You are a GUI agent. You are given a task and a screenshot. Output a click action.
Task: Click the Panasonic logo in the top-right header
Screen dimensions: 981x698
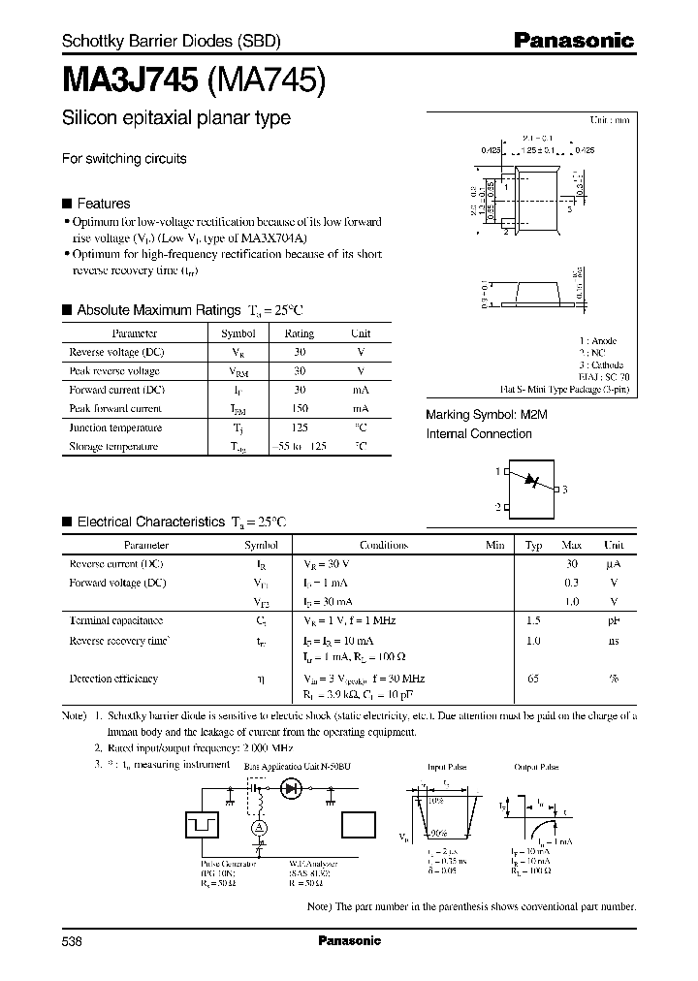[573, 41]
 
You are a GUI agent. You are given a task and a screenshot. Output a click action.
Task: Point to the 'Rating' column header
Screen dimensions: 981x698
[299, 332]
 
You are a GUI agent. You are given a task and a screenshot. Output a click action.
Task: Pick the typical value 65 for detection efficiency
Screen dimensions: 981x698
[533, 679]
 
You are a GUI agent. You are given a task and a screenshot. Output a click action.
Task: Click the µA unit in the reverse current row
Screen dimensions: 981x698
[613, 563]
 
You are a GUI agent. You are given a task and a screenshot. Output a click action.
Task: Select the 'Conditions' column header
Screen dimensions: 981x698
[384, 545]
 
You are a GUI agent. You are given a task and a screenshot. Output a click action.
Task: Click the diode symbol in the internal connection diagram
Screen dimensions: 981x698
[530, 481]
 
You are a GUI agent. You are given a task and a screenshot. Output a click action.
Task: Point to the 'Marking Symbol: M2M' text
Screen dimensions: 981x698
[479, 415]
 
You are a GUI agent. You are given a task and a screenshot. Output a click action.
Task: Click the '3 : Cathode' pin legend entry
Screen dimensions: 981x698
[601, 364]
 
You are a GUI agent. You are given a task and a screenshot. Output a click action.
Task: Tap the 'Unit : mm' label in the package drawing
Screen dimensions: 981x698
[610, 119]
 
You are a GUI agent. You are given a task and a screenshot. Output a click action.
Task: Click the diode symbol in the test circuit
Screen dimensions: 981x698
[290, 791]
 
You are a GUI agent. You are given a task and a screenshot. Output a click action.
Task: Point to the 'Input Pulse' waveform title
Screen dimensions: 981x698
[447, 767]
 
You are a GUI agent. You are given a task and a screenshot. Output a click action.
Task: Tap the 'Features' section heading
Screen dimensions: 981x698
[103, 204]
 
